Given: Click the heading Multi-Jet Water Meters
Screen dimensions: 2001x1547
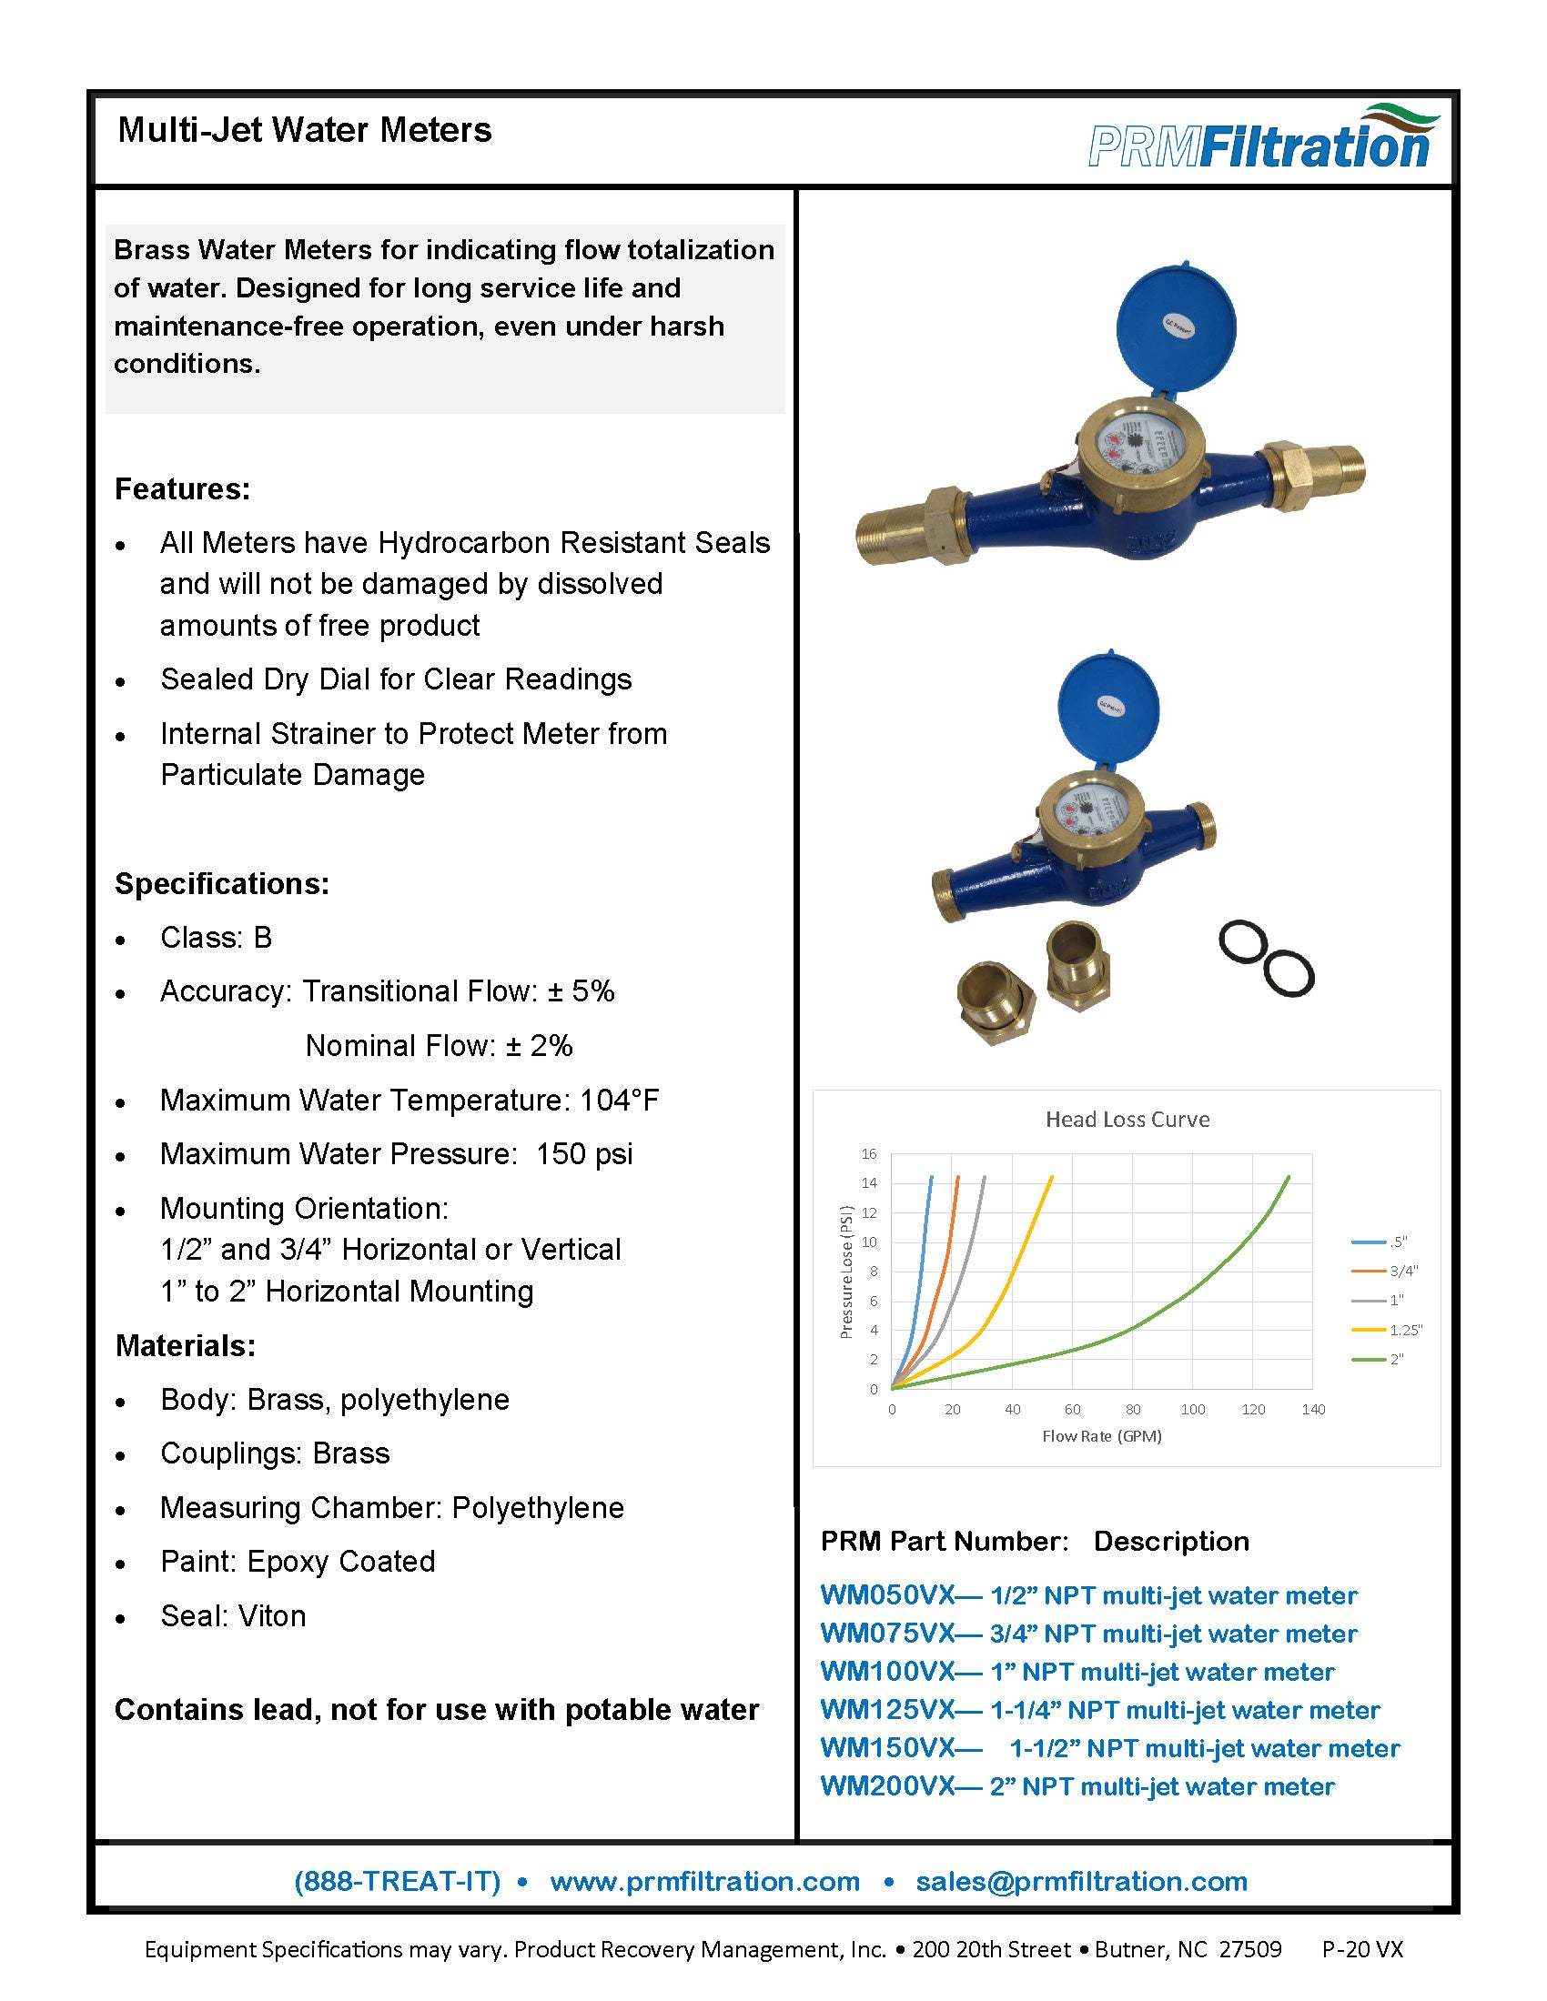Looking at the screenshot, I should tap(304, 130).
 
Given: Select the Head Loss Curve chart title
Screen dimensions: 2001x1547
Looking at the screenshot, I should tap(1127, 1119).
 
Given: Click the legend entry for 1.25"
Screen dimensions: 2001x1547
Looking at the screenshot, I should tap(1405, 1330).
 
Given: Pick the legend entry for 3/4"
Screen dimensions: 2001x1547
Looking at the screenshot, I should tap(1403, 1271).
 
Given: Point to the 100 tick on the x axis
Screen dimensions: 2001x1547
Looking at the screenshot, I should tap(1192, 1409).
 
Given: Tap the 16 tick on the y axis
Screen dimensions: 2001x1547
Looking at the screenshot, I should tap(869, 1153).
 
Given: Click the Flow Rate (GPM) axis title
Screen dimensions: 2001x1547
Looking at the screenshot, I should tap(1102, 1435).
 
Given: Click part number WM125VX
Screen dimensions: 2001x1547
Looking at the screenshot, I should tap(887, 1710).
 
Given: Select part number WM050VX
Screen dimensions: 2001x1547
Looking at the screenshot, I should tap(887, 1595).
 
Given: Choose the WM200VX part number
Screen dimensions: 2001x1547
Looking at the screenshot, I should tap(887, 1785).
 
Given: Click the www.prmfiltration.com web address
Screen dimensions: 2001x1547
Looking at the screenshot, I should tap(704, 1881).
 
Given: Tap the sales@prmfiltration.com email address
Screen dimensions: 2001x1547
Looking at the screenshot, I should tap(1081, 1881).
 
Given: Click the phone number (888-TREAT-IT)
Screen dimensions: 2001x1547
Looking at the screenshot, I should tap(397, 1881).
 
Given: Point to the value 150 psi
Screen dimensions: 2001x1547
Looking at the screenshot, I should tap(584, 1153).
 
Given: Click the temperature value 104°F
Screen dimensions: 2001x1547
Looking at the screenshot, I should tap(619, 1100).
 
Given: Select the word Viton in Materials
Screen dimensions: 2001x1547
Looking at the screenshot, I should tap(270, 1615).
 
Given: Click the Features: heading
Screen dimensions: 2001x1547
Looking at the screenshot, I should tap(182, 488).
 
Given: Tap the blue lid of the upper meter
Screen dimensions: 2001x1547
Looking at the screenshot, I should tap(1175, 328).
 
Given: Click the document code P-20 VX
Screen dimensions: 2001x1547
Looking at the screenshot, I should tap(1362, 1949).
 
